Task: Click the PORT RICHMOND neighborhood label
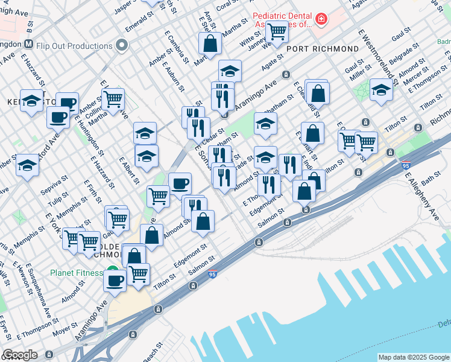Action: click(x=323, y=48)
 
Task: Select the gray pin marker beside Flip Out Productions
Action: click(x=122, y=45)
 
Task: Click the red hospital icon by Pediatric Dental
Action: click(x=321, y=20)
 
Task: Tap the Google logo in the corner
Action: click(x=20, y=355)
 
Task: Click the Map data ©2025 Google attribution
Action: click(x=413, y=357)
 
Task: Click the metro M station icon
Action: click(x=28, y=44)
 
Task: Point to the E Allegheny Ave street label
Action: click(x=421, y=196)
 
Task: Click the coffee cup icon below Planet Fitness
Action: click(x=115, y=279)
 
